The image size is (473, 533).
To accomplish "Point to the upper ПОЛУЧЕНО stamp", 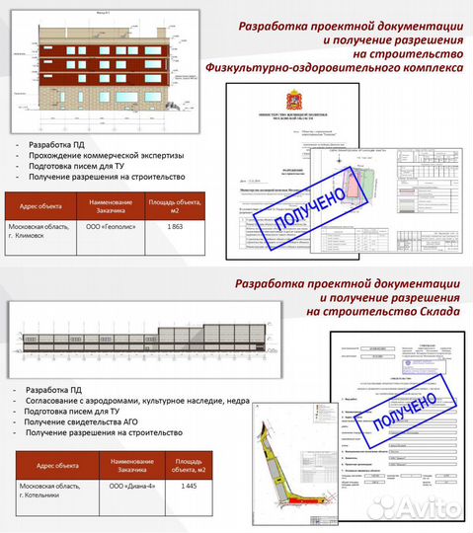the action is (x=302, y=214).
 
